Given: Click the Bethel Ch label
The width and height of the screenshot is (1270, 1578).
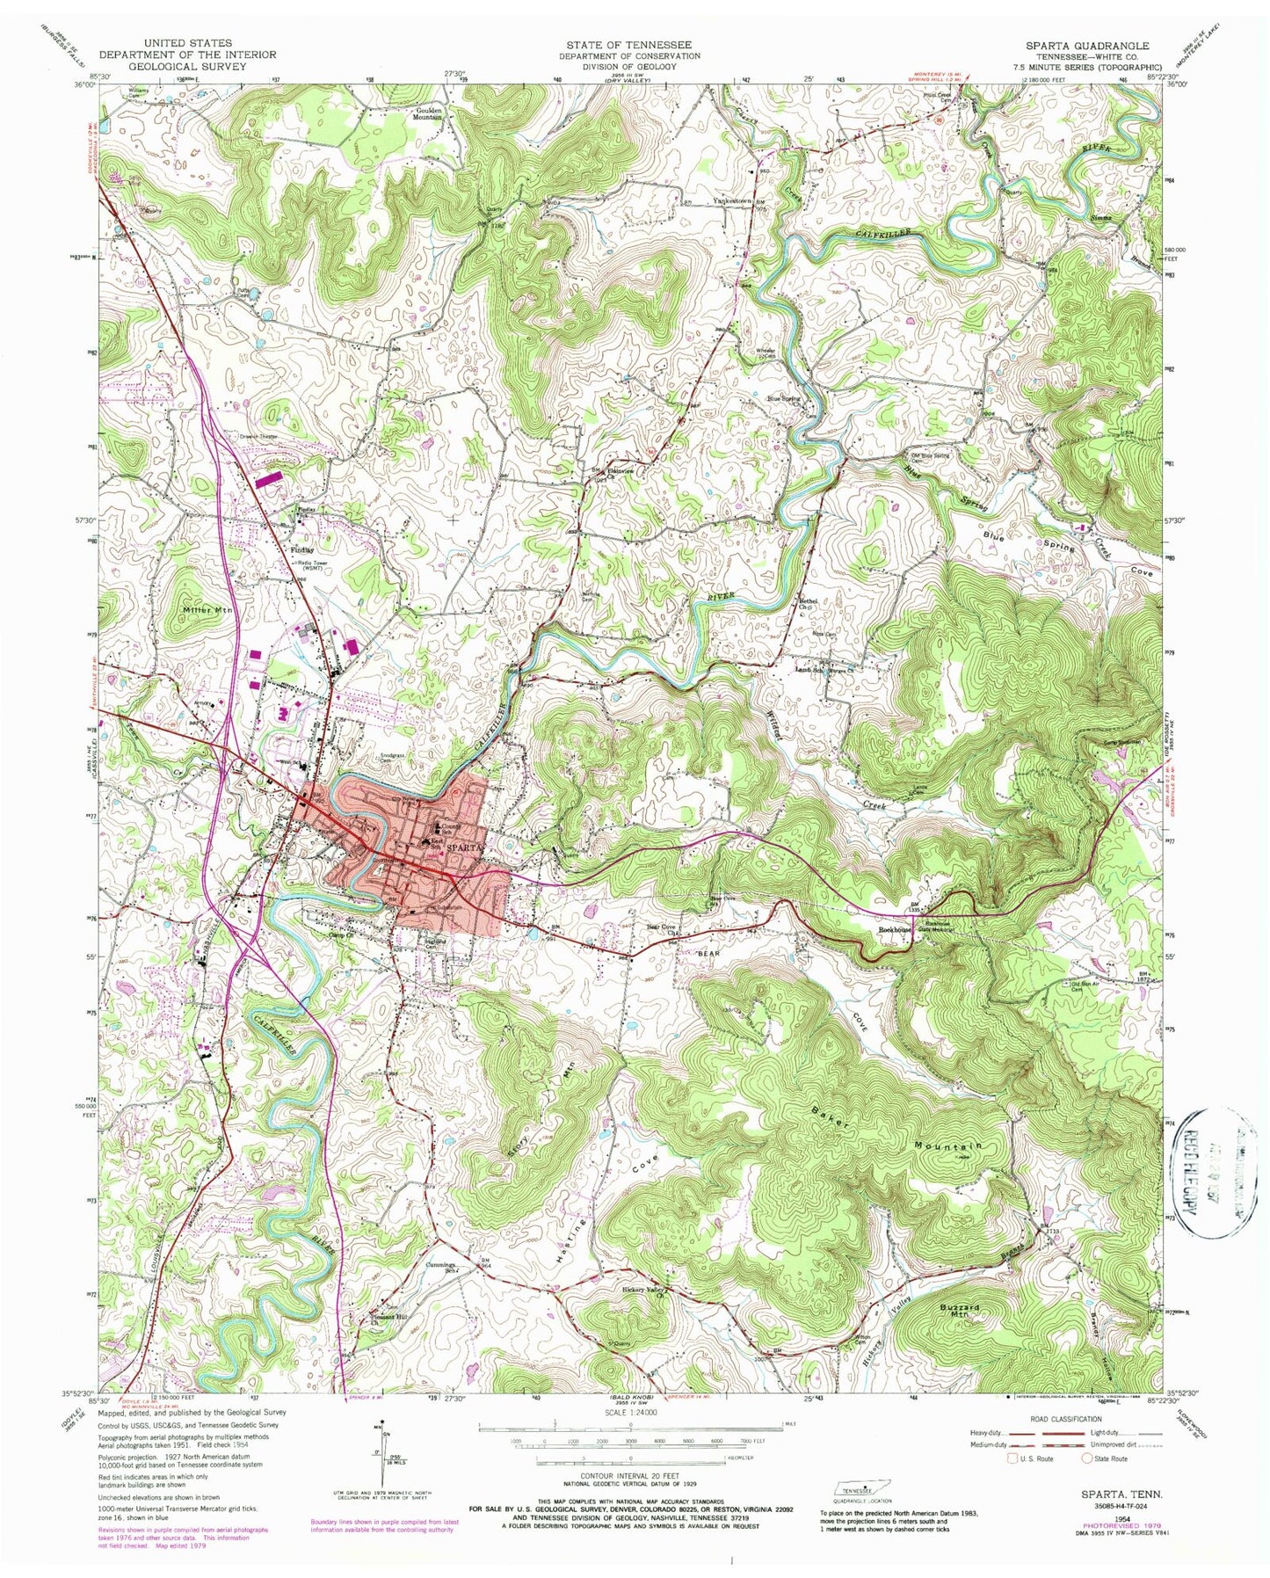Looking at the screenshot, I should point(807,605).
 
